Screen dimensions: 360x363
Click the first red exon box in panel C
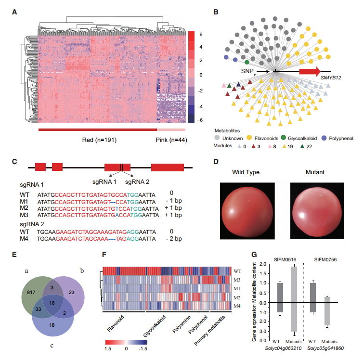coord(40,167)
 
